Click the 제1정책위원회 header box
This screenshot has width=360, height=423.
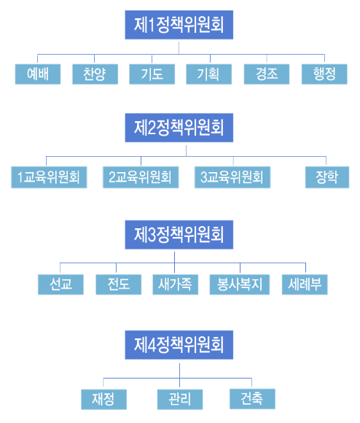pos(179,25)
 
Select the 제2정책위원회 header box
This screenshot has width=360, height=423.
pos(179,128)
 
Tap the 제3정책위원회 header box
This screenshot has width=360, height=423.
pos(179,235)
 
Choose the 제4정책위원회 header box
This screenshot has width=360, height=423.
pos(179,345)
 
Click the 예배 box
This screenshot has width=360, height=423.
pos(38,74)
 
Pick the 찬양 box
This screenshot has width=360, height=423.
pos(95,74)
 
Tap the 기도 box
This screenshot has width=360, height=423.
pos(152,74)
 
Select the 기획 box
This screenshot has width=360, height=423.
pos(209,74)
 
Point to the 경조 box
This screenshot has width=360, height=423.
pos(267,74)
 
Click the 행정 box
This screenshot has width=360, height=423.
pos(324,74)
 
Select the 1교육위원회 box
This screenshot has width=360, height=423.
pos(49,177)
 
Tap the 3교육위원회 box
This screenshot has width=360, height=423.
pos(232,177)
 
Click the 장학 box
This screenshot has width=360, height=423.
pos(327,177)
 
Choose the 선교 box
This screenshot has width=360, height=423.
pos(60,284)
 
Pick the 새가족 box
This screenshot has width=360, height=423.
pos(176,284)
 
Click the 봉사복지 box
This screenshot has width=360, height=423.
pos(240,284)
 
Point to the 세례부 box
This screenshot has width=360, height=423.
pos(305,284)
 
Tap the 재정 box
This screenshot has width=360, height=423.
pos(103,400)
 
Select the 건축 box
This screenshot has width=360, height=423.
pos(252,399)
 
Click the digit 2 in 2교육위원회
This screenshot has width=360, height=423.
pos(111,177)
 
